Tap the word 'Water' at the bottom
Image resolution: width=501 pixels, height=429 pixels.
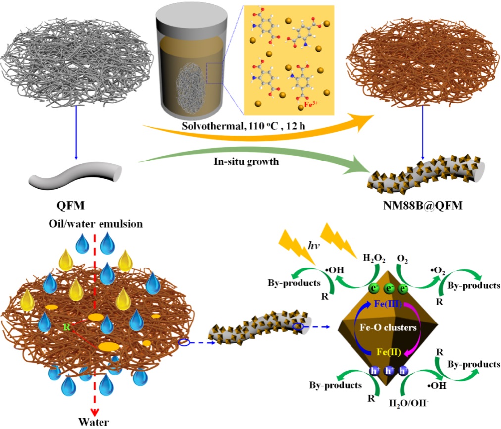[93, 422]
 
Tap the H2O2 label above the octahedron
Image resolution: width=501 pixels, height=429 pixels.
[372, 257]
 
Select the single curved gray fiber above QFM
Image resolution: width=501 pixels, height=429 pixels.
[75, 177]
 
